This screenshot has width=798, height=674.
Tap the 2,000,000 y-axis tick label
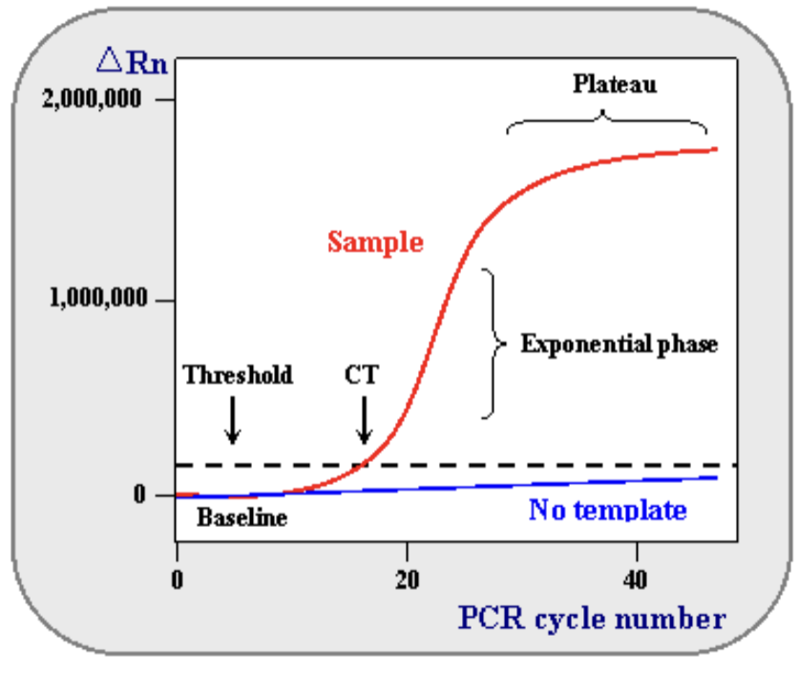pyautogui.click(x=92, y=100)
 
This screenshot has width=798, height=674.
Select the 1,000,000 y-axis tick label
pyautogui.click(x=98, y=298)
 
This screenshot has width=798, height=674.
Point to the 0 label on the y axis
pyautogui.click(x=139, y=495)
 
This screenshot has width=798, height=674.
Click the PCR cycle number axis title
pyautogui.click(x=592, y=619)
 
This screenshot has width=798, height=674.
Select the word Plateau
pyautogui.click(x=615, y=85)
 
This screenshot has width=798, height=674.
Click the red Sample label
pyautogui.click(x=375, y=242)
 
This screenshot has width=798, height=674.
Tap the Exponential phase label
pyautogui.click(x=619, y=344)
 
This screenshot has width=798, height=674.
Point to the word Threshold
pyautogui.click(x=238, y=374)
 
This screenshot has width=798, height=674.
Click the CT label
pyautogui.click(x=362, y=374)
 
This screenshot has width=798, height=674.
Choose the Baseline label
pyautogui.click(x=241, y=518)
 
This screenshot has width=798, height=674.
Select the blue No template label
pyautogui.click(x=607, y=510)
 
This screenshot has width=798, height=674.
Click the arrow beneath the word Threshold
pyautogui.click(x=232, y=421)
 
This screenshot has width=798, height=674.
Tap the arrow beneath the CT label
pyautogui.click(x=364, y=421)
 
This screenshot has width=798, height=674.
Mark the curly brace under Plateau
pyautogui.click(x=606, y=124)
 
